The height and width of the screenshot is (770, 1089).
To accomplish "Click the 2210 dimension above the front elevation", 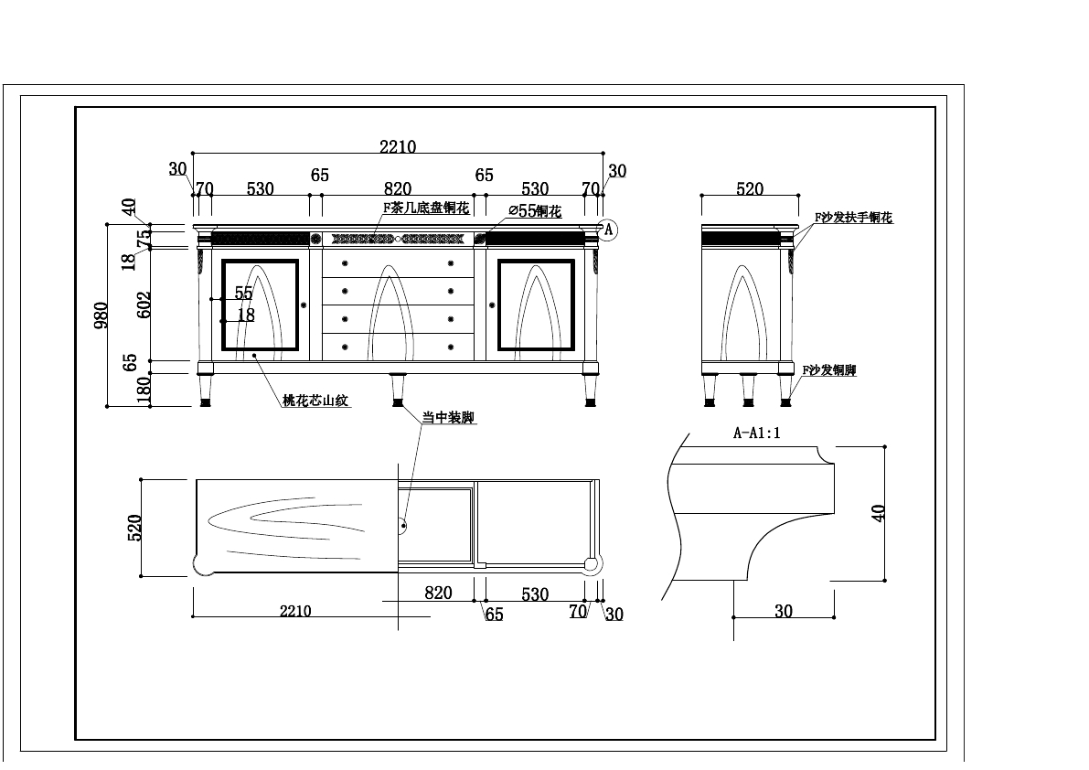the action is point(398,146).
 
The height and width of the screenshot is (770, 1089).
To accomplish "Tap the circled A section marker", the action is point(608,230).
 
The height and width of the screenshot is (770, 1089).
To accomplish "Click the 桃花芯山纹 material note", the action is point(315,401).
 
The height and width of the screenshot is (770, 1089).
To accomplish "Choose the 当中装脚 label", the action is point(448,418).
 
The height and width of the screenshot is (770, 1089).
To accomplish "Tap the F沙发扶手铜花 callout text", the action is point(853,218).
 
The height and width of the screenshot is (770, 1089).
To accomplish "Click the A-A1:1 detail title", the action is point(757,433).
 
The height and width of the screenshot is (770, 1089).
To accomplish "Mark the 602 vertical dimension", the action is point(144,304).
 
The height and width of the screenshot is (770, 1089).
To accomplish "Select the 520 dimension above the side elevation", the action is point(749,189).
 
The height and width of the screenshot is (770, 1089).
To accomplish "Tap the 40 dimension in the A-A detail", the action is point(880,512).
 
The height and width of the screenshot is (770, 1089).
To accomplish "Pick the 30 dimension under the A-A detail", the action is point(784,612).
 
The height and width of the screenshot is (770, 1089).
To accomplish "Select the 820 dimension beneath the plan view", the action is point(438,593).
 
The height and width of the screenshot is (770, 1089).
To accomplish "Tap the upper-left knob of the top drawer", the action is point(345,263).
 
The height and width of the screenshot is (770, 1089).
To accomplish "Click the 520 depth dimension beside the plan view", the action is point(133,528).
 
